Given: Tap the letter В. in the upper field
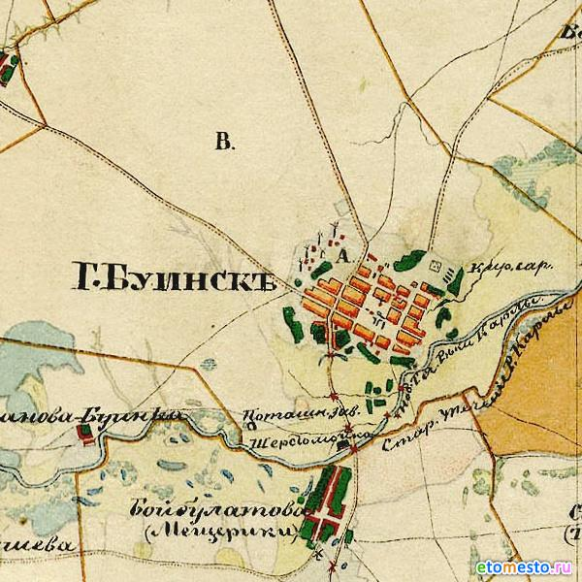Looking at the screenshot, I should point(224,144).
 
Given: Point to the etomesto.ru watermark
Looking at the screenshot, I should point(524,566).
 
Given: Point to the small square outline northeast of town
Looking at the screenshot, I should point(435,263).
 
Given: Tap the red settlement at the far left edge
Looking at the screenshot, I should point(9,67).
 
